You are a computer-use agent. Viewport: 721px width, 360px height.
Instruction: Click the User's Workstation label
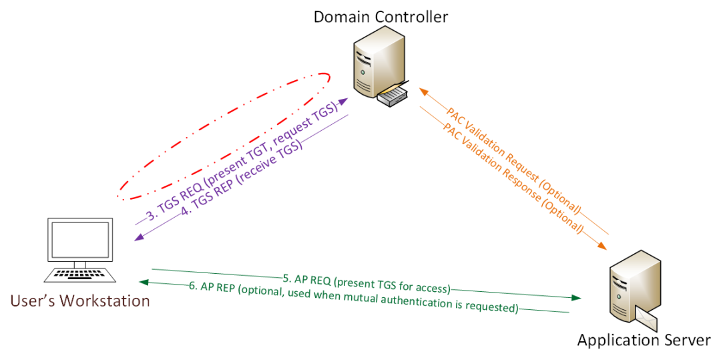(x=79, y=301)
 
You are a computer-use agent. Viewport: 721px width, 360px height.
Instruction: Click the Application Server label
(x=644, y=341)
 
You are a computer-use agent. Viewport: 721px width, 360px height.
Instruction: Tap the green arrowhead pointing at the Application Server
(x=575, y=298)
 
